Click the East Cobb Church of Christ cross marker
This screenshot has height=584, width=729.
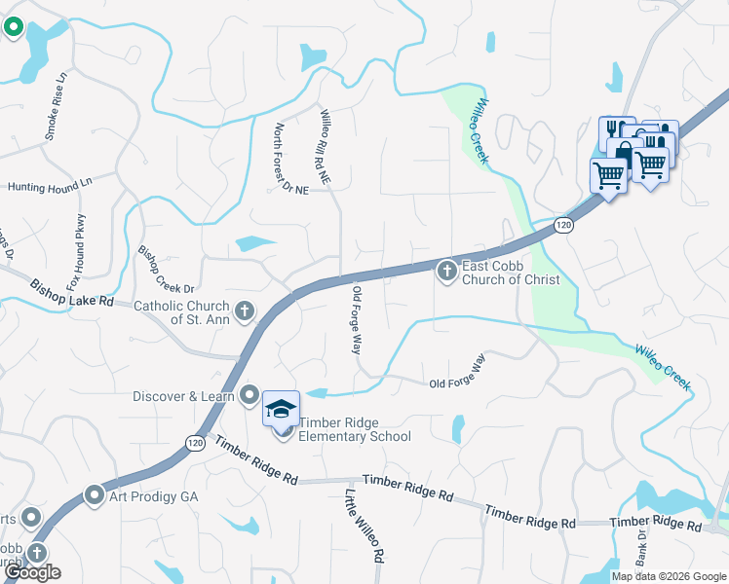(x=447, y=271)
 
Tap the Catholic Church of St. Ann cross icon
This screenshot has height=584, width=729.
(x=244, y=311)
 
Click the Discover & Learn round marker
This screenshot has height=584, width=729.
(x=249, y=395)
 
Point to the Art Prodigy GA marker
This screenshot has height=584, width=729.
(x=95, y=495)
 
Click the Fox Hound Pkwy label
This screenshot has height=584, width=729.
(x=77, y=243)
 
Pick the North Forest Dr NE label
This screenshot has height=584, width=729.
(x=290, y=159)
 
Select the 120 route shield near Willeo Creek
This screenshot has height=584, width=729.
(x=562, y=225)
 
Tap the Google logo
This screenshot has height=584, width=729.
(x=32, y=572)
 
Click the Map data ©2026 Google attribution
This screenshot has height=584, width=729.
(x=668, y=576)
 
